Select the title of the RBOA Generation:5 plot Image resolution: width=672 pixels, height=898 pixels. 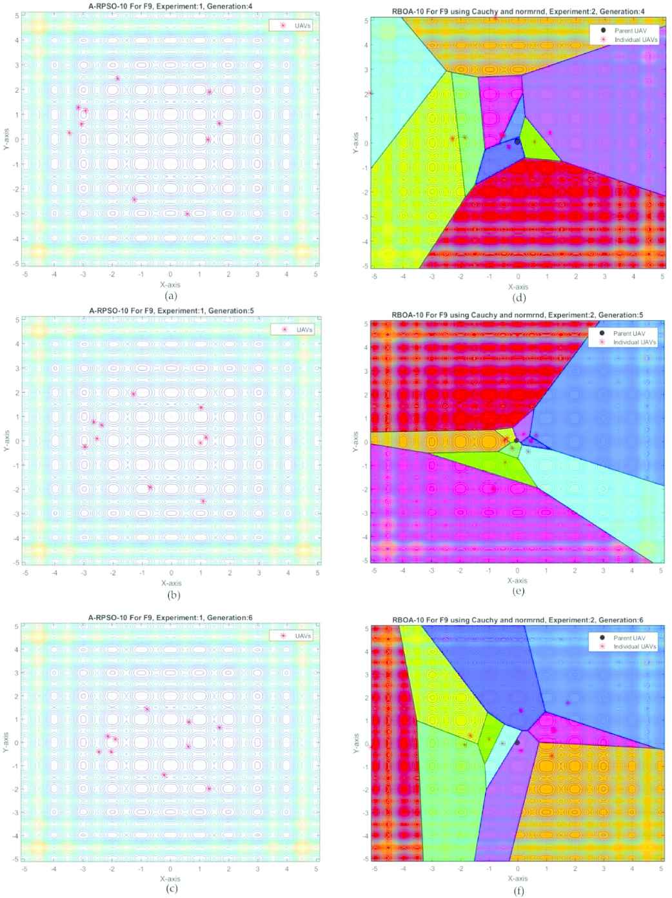click(518, 315)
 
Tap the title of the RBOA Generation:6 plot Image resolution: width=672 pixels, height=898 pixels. click(518, 620)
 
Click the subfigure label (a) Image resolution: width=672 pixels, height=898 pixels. click(171, 296)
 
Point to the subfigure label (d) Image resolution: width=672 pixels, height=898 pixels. click(518, 297)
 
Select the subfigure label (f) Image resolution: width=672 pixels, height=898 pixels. click(518, 891)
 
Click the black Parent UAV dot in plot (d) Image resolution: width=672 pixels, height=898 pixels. click(517, 141)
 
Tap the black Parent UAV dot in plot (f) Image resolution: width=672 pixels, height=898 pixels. click(517, 743)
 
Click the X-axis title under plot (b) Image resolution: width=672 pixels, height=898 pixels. click(171, 583)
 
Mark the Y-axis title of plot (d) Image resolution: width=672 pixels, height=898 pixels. click(355, 142)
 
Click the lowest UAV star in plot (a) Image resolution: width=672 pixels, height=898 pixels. click(187, 214)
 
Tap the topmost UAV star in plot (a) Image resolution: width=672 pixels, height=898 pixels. click(118, 79)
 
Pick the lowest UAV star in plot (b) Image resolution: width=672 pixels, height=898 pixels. click(203, 501)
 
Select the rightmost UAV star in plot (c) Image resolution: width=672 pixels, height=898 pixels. click(219, 728)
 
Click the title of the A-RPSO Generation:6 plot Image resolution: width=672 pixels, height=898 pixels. click(171, 618)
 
